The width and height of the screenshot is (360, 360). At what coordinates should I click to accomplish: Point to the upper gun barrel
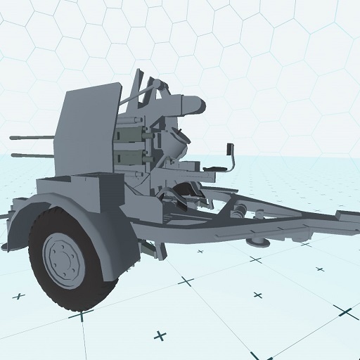(32, 138)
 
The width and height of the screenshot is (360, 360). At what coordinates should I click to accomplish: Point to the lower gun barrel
(32, 154)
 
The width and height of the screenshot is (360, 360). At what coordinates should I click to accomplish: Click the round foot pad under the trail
(259, 242)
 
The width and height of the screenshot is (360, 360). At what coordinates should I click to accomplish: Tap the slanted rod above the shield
(143, 91)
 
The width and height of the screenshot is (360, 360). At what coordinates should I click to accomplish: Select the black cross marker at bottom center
(161, 335)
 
